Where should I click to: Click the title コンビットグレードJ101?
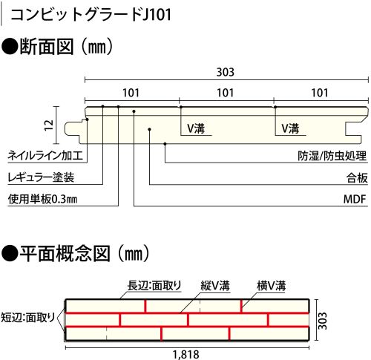click(x=91, y=15)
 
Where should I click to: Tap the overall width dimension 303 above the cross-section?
click(x=226, y=72)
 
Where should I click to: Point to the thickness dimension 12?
click(x=49, y=125)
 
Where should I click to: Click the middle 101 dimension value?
click(x=226, y=93)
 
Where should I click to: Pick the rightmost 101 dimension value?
click(x=320, y=93)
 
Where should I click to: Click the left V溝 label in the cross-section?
click(x=196, y=128)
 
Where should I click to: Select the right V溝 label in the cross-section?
click(x=290, y=128)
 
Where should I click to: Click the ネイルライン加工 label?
click(x=45, y=156)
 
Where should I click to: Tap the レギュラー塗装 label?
click(x=41, y=177)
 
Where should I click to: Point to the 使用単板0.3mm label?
click(x=42, y=199)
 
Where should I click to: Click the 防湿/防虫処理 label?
click(x=332, y=156)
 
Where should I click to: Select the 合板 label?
click(x=357, y=177)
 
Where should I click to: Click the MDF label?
click(x=355, y=199)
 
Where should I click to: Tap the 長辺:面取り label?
click(x=154, y=285)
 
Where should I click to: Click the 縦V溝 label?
click(x=215, y=286)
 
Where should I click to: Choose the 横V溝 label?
click(x=271, y=286)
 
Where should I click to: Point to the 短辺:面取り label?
click(x=27, y=318)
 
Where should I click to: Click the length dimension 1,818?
click(x=186, y=355)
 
